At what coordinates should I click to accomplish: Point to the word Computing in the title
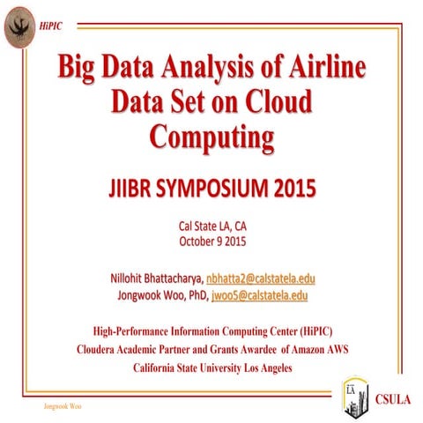click(211, 137)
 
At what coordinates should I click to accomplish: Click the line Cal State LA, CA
click(211, 226)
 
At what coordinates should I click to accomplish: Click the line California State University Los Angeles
click(211, 367)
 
